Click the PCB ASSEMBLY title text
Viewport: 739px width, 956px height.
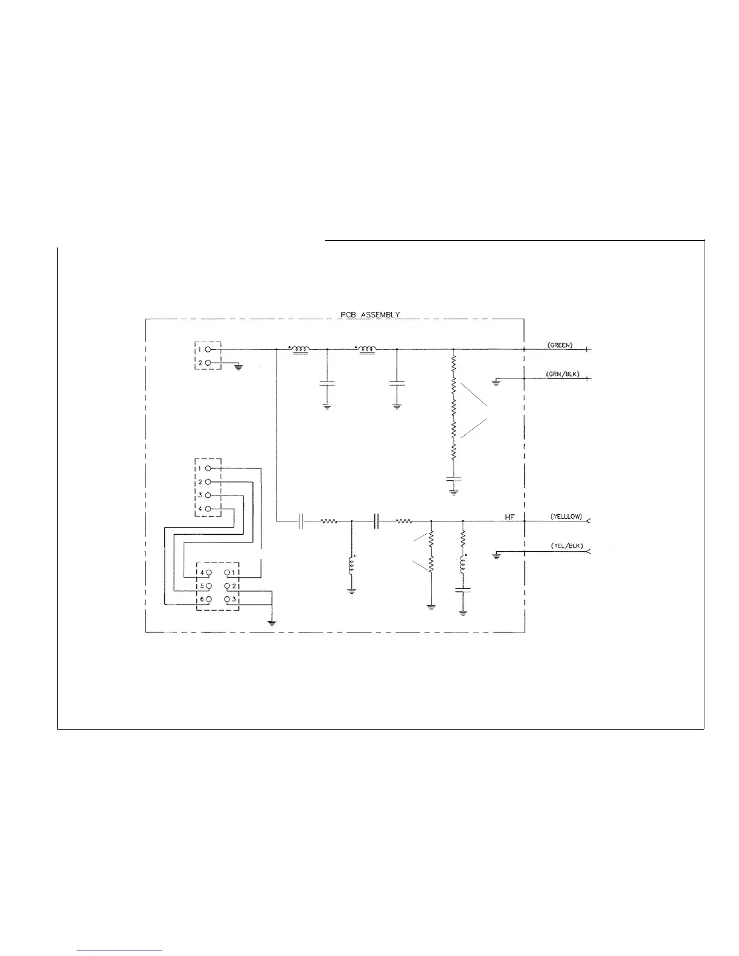pos(370,314)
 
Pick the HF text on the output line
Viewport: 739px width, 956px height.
pos(510,517)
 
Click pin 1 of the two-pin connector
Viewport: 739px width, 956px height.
pos(208,349)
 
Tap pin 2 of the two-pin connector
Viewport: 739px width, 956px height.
pos(208,363)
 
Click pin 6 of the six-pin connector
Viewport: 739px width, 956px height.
pos(208,600)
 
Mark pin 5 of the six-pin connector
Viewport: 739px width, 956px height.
pos(208,585)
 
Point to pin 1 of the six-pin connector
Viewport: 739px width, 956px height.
pos(227,572)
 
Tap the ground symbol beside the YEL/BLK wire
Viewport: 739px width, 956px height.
pos(496,555)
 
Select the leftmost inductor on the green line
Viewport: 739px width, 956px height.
pos(300,349)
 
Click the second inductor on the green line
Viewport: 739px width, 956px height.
pos(367,349)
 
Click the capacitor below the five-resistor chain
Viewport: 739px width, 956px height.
pos(453,479)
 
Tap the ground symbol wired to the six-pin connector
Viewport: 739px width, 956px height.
pos(272,622)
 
